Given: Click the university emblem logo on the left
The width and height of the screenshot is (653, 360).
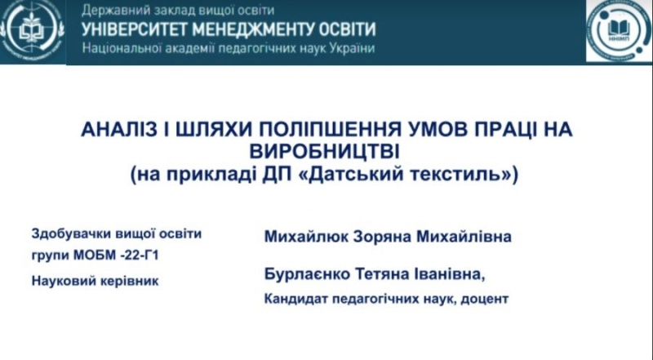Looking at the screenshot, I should point(31,31).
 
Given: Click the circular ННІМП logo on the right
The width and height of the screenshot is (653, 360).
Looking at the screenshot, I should point(617,31).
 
